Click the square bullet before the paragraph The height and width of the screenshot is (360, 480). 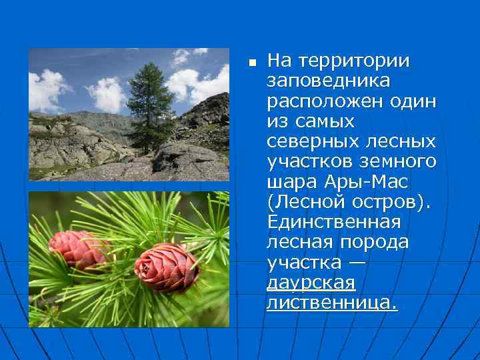point(251,63)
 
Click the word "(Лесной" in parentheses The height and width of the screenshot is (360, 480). point(301,202)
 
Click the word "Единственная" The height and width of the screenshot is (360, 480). point(333,222)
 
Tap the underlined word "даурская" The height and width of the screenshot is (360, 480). point(311,283)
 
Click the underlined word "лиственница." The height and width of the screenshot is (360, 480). point(331,303)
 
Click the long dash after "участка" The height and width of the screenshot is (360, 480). point(357,263)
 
